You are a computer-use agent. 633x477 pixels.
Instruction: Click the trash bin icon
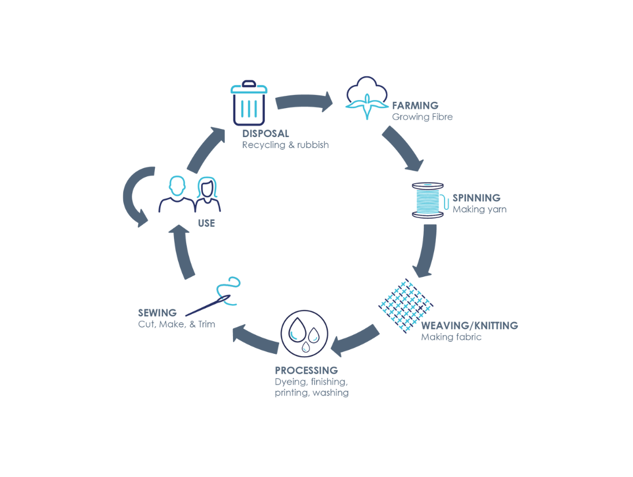click(x=249, y=103)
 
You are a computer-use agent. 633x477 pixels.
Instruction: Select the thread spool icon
click(x=428, y=201)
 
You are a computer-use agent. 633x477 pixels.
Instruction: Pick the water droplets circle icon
click(x=304, y=334)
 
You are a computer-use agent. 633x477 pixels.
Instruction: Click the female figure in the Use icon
click(x=207, y=195)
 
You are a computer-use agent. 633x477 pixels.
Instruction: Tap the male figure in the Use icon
click(x=177, y=195)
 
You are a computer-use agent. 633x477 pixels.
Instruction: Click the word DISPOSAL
click(x=265, y=134)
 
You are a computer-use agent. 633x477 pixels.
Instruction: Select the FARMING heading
click(x=415, y=106)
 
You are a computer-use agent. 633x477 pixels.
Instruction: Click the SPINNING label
click(x=476, y=198)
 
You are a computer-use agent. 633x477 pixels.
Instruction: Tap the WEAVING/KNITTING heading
click(x=469, y=326)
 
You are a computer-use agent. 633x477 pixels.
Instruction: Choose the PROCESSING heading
click(x=306, y=371)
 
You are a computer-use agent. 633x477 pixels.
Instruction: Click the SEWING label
click(x=157, y=313)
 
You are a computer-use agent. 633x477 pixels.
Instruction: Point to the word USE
click(x=206, y=223)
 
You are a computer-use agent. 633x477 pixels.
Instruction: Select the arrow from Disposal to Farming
click(x=303, y=101)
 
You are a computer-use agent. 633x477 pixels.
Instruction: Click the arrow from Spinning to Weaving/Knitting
click(x=427, y=250)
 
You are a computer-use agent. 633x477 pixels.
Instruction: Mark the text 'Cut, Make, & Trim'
click(x=176, y=324)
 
